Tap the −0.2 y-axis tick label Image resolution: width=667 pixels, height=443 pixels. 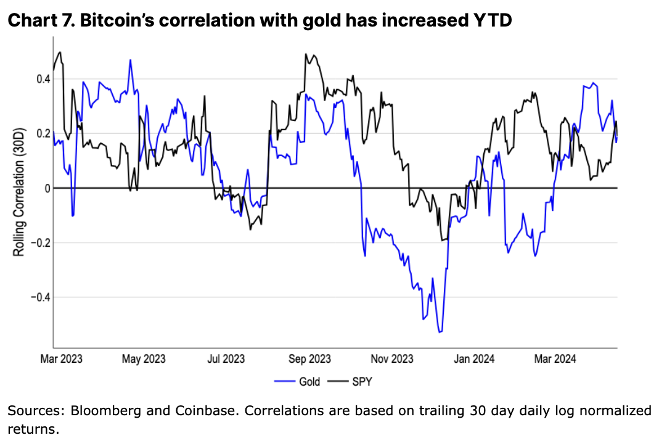click(38, 242)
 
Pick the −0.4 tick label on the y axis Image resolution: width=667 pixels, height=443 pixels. click(38, 297)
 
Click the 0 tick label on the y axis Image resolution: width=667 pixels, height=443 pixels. click(45, 188)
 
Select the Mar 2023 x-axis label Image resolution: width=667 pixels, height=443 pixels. click(62, 358)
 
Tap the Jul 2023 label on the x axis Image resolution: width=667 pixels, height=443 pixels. click(226, 358)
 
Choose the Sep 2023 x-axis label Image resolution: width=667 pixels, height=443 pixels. click(309, 358)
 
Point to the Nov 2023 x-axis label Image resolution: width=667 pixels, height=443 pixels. click(393, 358)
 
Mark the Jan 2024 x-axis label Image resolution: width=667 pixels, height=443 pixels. click(475, 358)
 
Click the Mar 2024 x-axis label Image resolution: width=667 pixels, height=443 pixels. click(555, 358)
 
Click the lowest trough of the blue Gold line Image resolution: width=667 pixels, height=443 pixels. click(440, 333)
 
